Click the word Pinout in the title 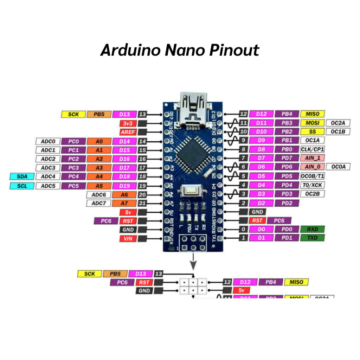pos(234,50)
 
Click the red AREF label pos(125,132)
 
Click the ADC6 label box pos(99,194)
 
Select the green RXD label pos(312,229)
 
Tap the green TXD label pos(312,238)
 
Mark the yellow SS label pos(312,131)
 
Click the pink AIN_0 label pos(312,167)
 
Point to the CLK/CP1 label pos(312,149)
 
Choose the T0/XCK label pos(312,185)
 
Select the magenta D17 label pos(125,168)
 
